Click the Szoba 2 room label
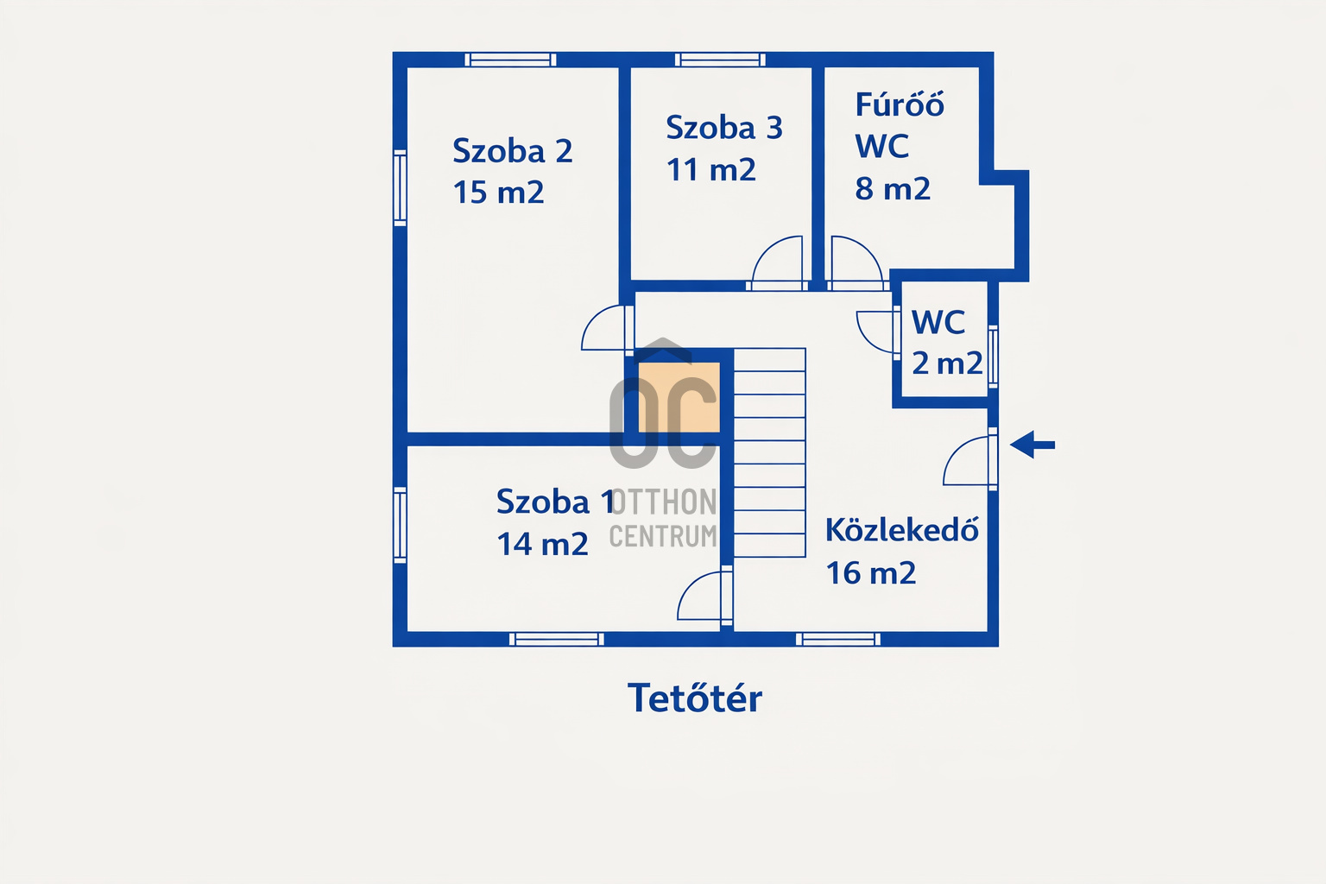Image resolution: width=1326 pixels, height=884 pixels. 513,151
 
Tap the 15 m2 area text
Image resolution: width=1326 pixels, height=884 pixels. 498,193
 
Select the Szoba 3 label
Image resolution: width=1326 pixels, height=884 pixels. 724,128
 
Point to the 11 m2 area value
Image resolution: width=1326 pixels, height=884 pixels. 711,170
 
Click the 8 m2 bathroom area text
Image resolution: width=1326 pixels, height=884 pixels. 893,189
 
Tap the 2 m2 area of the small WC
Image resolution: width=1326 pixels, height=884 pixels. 947,363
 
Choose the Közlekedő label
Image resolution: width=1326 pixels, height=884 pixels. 901,529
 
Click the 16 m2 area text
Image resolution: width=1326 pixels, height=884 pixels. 871,572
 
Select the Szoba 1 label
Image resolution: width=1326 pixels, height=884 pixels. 555,502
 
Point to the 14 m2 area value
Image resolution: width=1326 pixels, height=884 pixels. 542,544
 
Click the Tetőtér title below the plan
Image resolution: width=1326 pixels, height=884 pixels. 694,698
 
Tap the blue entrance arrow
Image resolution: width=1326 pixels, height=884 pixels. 1032,445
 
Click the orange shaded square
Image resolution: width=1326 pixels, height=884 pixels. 679,397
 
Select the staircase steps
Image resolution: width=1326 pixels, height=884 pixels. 769,452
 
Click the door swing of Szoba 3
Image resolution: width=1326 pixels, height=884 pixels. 777,261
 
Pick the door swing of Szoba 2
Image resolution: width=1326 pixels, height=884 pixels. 603,327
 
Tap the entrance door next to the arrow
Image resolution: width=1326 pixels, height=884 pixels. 967,461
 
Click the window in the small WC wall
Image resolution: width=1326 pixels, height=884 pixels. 993,356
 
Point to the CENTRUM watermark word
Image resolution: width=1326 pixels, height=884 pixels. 663,536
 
